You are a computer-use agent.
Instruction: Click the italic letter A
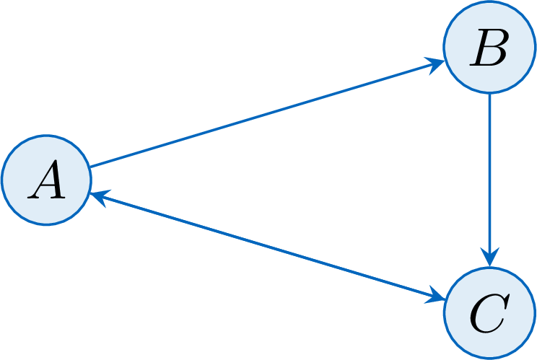(47, 180)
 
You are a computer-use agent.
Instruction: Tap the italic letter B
(489, 47)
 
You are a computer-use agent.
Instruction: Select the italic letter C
(490, 313)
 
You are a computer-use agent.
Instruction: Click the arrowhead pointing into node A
(99, 197)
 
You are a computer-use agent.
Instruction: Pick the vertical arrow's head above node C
(490, 257)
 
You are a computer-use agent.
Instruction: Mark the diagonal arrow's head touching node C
(436, 295)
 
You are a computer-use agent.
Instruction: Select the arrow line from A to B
(267, 114)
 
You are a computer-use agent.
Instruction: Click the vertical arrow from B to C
(490, 180)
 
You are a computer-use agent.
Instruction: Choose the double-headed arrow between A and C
(268, 247)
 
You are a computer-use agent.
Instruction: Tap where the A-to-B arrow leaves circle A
(90, 167)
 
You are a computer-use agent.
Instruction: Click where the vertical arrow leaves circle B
(490, 93)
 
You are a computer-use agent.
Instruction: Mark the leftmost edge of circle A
(2, 180)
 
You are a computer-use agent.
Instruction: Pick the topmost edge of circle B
(490, 1)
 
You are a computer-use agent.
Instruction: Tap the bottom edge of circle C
(490, 358)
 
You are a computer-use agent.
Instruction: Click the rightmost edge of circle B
(535, 47)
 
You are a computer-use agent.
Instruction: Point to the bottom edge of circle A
(47, 224)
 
